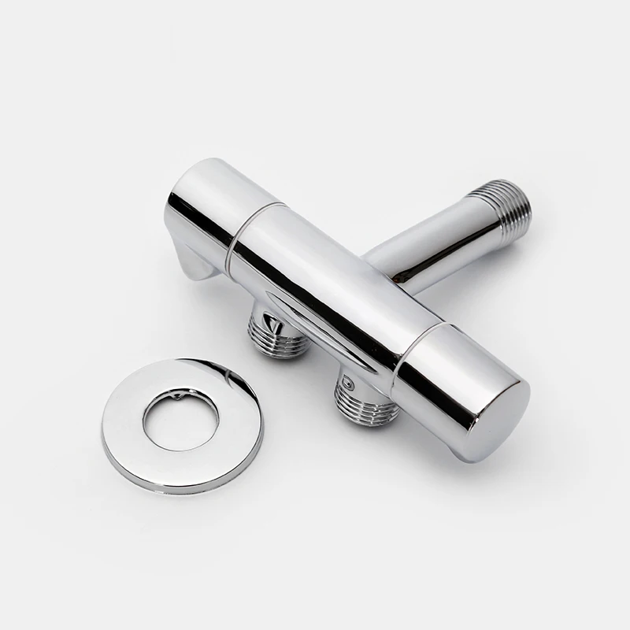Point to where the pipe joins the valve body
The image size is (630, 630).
click(378, 264)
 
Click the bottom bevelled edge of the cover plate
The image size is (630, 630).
click(181, 481)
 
